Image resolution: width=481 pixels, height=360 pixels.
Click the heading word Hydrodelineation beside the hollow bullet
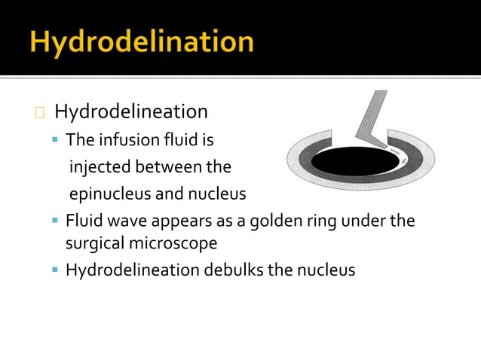tap(130, 112)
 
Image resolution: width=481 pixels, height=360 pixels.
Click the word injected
tap(100, 166)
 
